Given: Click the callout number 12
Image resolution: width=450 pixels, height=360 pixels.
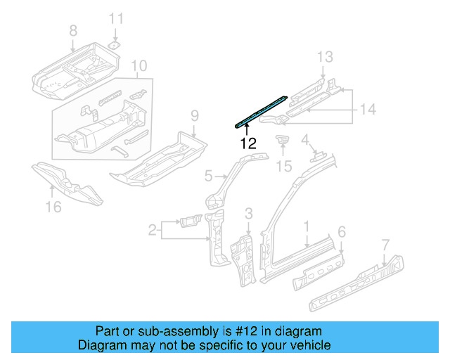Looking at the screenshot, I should tap(247, 143).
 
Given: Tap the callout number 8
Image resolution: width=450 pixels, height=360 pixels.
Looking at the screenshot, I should tap(73, 30).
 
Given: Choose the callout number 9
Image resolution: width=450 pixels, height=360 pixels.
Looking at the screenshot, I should tap(195, 116).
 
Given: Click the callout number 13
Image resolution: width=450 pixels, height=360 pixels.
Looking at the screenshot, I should tap(323, 57).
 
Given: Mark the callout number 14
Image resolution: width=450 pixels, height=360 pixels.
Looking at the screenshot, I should tap(368, 109).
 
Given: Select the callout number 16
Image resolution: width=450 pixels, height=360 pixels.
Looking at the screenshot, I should tap(53, 206).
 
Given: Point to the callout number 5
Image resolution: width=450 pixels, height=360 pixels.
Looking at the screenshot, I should tap(208, 175).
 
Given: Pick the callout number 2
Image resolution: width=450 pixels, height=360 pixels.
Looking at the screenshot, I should tap(152, 229).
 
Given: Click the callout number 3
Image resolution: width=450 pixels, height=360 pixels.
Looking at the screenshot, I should tap(248, 213).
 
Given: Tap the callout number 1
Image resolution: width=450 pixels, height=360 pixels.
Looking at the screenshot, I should tap(307, 226).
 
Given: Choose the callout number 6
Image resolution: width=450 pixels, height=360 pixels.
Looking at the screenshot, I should tap(342, 232).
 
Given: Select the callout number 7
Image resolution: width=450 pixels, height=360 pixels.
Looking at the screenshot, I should tap(385, 245).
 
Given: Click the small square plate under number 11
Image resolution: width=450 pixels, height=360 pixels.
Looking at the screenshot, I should tap(116, 43).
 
